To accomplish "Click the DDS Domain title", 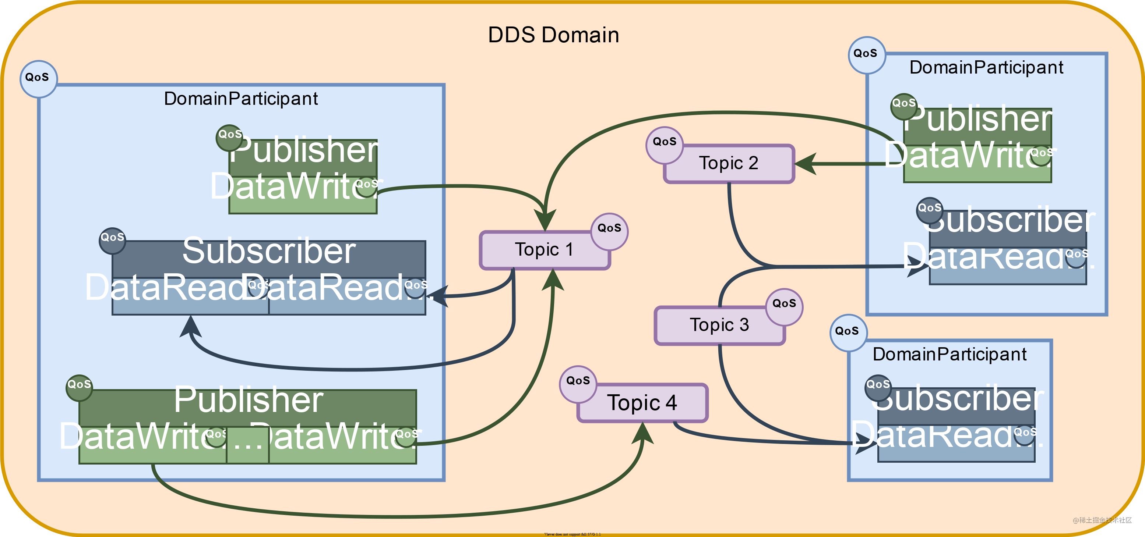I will [x=553, y=35].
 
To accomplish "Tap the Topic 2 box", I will [x=729, y=163].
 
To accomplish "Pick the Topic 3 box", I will [x=719, y=325].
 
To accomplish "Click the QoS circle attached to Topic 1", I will [x=609, y=228].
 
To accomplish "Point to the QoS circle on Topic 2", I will [x=664, y=142].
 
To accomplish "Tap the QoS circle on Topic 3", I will [x=784, y=303].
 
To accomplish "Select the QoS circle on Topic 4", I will [x=578, y=381].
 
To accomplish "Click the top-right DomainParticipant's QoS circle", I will [x=866, y=53].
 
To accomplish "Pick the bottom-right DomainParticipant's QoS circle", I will [x=847, y=331].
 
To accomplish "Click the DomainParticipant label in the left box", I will [x=241, y=99].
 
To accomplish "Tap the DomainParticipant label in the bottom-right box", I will [x=950, y=355].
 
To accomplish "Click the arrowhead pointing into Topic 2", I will [x=806, y=164].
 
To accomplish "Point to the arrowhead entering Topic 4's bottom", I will [x=643, y=433].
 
